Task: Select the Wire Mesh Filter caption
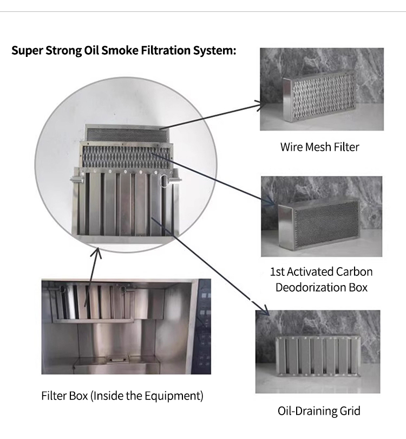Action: coord(319,147)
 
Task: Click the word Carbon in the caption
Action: coord(354,272)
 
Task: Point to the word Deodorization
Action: coord(309,288)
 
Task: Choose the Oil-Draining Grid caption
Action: coord(319,411)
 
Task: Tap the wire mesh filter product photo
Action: coord(322,89)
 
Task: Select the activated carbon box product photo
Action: coord(322,216)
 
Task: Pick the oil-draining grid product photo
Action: coord(318,352)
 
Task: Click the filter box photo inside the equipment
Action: coord(126,326)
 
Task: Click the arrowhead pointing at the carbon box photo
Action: coord(271,201)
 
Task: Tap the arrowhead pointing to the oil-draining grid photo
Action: coord(265,311)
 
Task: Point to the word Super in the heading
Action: coord(27,51)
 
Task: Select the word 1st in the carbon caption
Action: coord(277,272)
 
